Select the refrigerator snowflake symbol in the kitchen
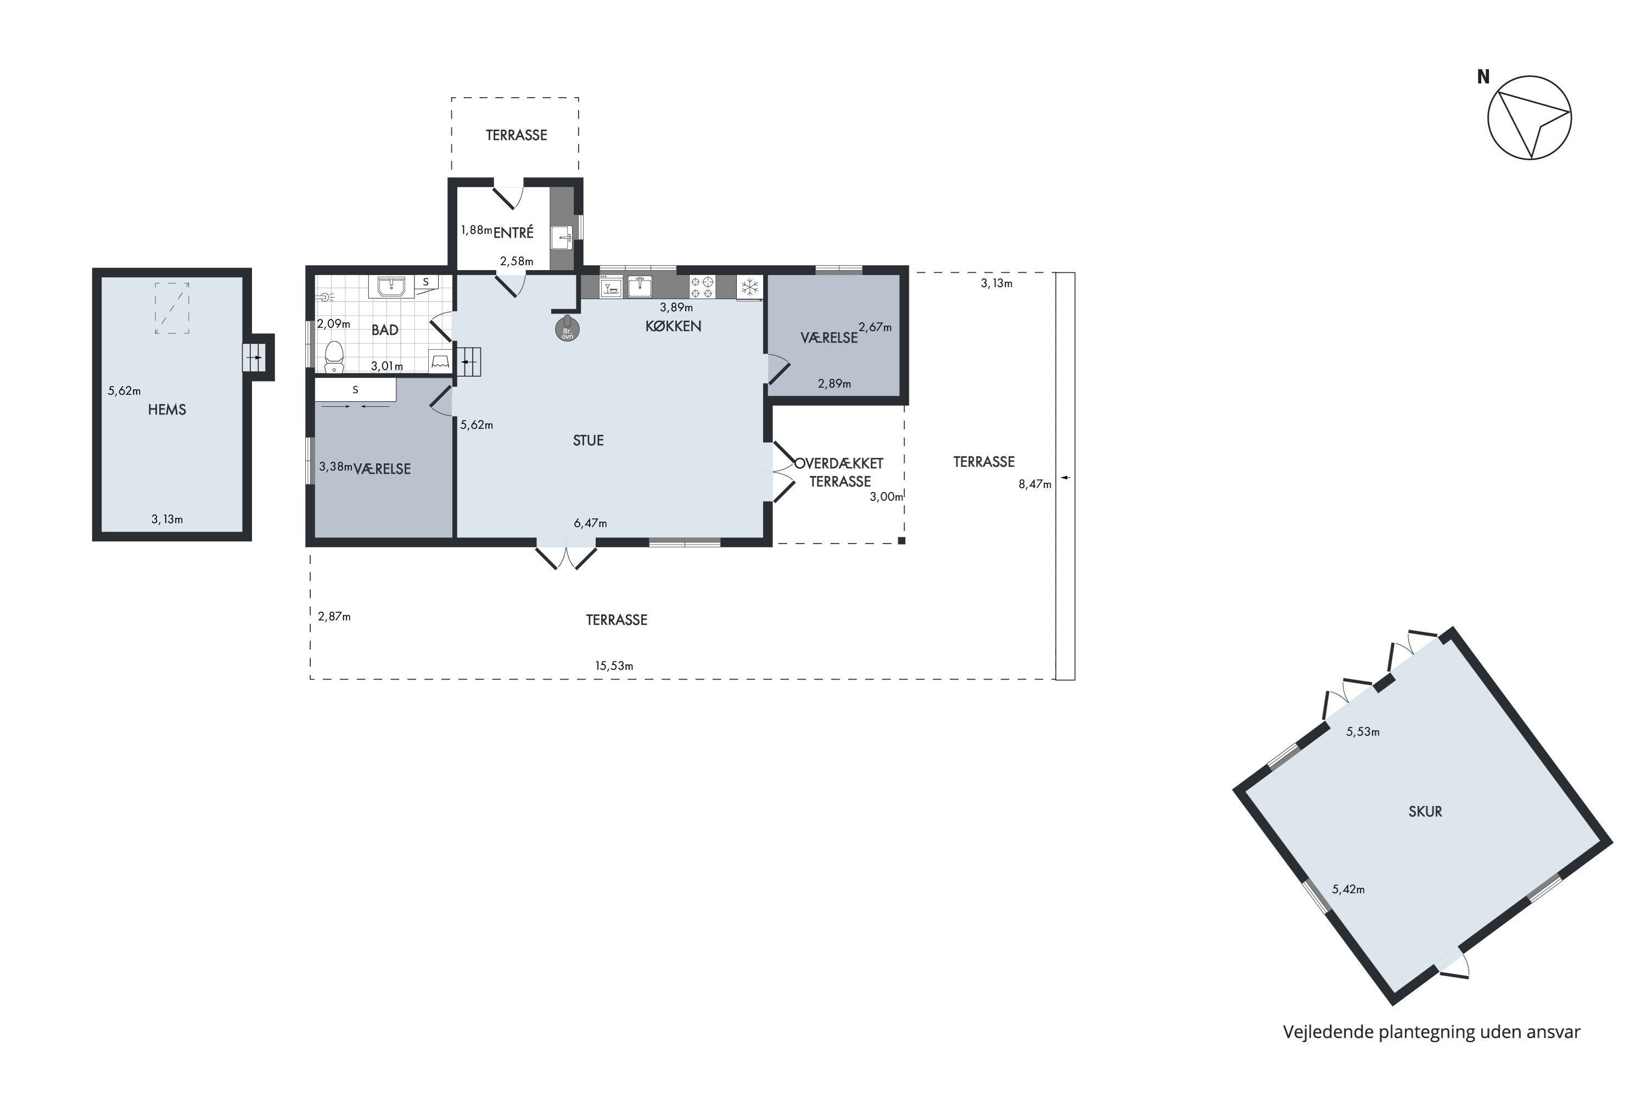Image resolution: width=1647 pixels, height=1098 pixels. [x=749, y=287]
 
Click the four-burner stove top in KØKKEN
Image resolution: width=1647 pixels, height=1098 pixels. [x=702, y=287]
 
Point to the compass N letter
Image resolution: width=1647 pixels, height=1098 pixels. [x=1483, y=77]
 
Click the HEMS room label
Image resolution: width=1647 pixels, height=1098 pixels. [x=167, y=410]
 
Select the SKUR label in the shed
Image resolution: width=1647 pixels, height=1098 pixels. [x=1425, y=811]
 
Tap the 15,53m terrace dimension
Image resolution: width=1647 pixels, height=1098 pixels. [x=614, y=665]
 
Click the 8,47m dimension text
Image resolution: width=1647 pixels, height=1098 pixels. [x=1035, y=484]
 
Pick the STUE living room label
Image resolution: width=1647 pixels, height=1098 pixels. [x=588, y=440]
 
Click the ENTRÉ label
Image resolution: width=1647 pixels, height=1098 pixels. [x=513, y=232]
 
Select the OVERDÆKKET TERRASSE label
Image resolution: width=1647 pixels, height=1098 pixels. [x=839, y=473]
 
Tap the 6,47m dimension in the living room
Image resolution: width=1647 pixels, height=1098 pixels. [x=590, y=523]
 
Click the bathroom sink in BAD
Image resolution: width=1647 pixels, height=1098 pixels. [x=391, y=287]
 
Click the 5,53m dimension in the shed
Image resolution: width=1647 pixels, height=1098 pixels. [x=1363, y=732]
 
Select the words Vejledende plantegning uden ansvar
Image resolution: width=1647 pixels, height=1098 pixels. [x=1431, y=1032]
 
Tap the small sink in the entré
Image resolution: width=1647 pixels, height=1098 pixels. [x=562, y=237]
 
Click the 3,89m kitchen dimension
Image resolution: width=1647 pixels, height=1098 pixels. [x=676, y=307]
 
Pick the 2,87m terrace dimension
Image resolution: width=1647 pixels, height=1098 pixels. [x=334, y=616]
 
